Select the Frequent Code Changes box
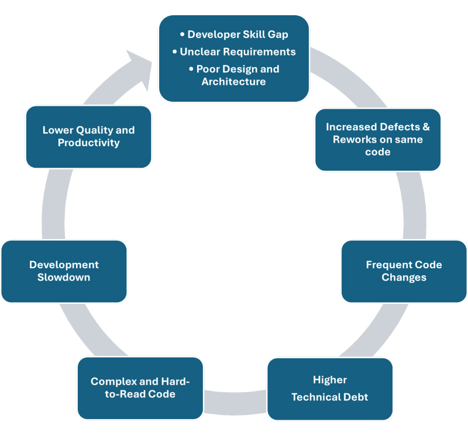coord(404,271)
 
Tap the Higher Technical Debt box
coord(329,389)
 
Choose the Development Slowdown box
coord(64,271)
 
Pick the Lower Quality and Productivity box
coord(88,137)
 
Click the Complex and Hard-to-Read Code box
coord(140,388)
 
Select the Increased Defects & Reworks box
coord(377,140)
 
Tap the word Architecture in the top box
coord(233,81)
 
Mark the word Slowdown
coord(64,277)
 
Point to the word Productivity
coord(88,143)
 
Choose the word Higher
coord(330,380)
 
